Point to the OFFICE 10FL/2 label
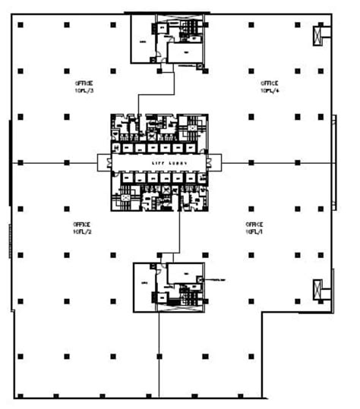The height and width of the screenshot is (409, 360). coord(81,228)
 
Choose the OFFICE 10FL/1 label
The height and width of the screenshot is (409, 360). coord(254,228)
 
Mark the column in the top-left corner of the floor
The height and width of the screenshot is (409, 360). coord(21,25)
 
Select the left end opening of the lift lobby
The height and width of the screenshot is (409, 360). coord(104,162)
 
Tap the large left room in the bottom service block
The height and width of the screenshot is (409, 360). coord(144,287)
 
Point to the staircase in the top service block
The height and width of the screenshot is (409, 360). coord(194,27)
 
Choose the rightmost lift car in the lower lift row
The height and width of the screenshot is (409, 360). coord(198,178)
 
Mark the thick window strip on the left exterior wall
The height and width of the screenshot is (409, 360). coord(10,162)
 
